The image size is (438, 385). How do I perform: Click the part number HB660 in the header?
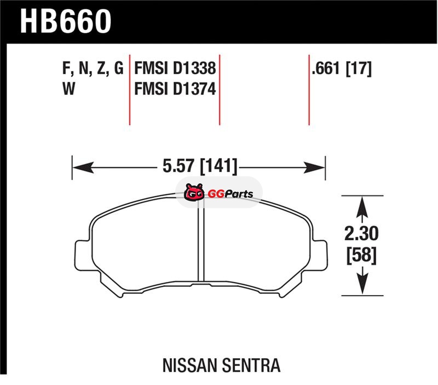coord(66,21)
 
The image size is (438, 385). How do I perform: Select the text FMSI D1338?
coord(175,69)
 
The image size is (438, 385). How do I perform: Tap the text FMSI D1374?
coord(175,89)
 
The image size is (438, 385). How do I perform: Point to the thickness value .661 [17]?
coord(342,69)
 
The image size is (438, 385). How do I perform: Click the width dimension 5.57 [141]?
coord(200,166)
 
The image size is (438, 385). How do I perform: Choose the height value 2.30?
coord(361,233)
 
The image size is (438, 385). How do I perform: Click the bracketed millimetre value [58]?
coord(361,255)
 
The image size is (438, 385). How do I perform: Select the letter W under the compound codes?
coord(69,89)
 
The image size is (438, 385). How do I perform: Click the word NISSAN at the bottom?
coord(189,365)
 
